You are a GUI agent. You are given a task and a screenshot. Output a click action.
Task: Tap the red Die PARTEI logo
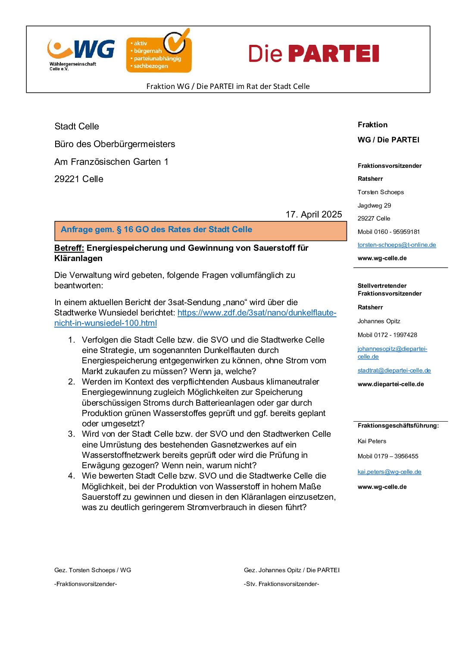pyautogui.click(x=313, y=54)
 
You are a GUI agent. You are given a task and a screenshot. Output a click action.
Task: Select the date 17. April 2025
pyautogui.click(x=313, y=214)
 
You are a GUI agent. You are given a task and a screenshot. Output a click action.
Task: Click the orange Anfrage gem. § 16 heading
pyautogui.click(x=156, y=230)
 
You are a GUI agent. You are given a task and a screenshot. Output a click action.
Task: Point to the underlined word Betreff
pyautogui.click(x=69, y=248)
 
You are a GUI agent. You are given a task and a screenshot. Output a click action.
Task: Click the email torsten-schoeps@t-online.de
pyautogui.click(x=397, y=245)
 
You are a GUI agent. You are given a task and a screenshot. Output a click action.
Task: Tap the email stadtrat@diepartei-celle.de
pyautogui.click(x=394, y=371)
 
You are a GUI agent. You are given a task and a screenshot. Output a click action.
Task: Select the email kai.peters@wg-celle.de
pyautogui.click(x=389, y=472)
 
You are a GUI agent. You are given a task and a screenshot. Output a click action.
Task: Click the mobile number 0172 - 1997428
pyautogui.click(x=387, y=335)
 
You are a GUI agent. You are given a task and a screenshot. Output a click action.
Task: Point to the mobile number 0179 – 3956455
pyautogui.click(x=388, y=456)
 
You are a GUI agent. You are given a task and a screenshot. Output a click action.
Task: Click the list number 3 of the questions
pyautogui.click(x=72, y=434)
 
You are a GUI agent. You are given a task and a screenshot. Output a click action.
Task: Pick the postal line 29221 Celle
pyautogui.click(x=79, y=179)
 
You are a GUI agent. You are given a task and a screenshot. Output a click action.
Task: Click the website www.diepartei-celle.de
pyautogui.click(x=390, y=384)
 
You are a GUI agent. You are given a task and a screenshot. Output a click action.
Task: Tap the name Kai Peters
pyautogui.click(x=372, y=441)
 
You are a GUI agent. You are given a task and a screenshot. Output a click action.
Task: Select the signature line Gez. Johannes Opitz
pyautogui.click(x=291, y=570)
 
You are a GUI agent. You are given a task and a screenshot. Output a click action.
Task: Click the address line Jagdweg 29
pyautogui.click(x=374, y=205)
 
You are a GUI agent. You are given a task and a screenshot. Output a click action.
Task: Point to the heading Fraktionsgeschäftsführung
pyautogui.click(x=398, y=425)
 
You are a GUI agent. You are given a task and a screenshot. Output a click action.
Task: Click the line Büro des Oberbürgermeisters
pyautogui.click(x=115, y=144)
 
